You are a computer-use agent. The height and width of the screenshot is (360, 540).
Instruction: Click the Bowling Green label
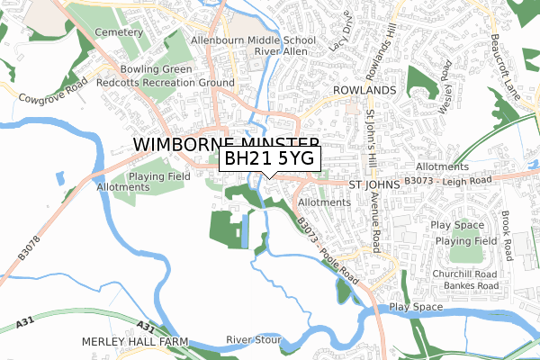[158, 69]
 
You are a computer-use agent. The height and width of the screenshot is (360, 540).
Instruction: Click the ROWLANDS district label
[364, 91]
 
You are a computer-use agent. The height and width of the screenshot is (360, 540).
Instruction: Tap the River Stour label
[254, 340]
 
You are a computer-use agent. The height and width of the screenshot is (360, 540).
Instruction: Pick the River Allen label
[282, 53]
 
